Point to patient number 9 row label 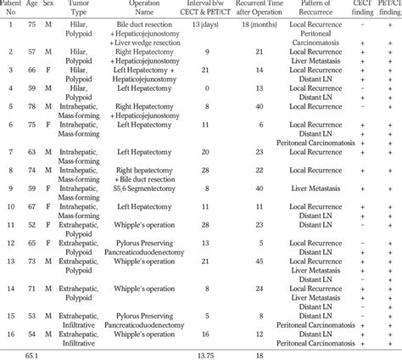pyautogui.click(x=10, y=188)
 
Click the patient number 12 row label pyautogui.click(x=10, y=242)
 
